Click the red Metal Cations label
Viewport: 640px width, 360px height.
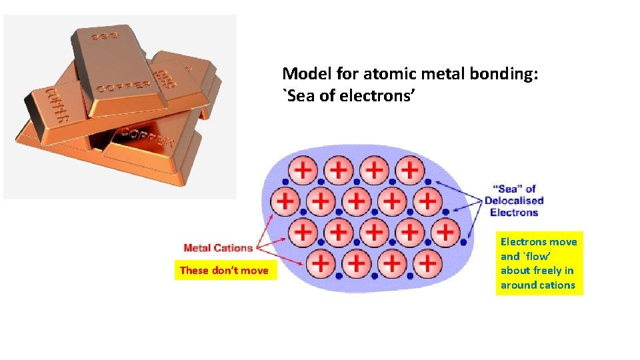pos(218,248)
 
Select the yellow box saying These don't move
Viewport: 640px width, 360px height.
pos(225,270)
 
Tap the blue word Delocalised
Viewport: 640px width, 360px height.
pos(514,201)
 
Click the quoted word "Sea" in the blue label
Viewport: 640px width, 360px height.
pos(508,189)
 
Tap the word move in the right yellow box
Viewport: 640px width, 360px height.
pos(564,241)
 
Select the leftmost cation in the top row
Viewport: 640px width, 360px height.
pos(303,170)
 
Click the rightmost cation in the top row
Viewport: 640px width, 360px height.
pos(410,170)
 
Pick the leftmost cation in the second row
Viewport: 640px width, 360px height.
pos(285,201)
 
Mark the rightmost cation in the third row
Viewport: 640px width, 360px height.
pos(445,231)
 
